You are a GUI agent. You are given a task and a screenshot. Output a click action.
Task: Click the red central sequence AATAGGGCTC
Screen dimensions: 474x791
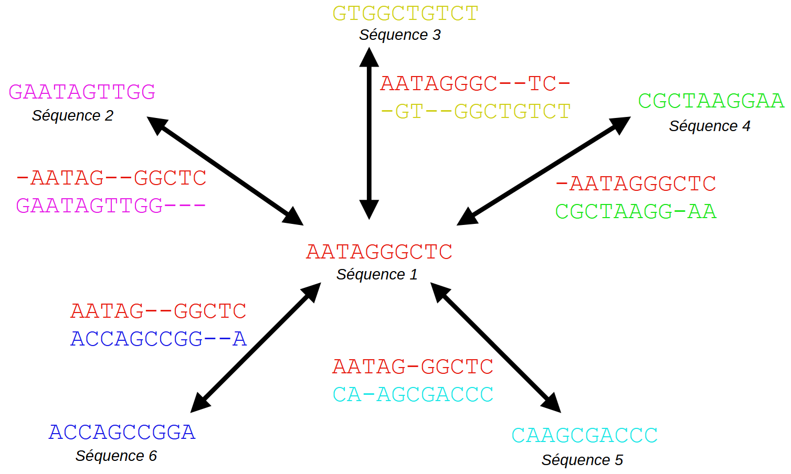(x=379, y=252)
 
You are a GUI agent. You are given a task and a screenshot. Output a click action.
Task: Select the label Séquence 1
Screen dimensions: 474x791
(x=377, y=274)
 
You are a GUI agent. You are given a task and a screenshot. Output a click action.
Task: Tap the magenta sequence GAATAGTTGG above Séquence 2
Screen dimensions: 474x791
(x=82, y=92)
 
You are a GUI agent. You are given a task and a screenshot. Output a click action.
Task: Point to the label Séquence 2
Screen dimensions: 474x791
(x=72, y=115)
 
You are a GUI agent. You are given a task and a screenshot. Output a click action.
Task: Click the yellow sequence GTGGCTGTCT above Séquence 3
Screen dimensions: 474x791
(x=405, y=14)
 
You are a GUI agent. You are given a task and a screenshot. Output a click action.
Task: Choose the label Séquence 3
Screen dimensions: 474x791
(x=399, y=35)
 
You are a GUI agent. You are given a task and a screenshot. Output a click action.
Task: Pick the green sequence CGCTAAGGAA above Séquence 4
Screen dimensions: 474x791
(x=711, y=101)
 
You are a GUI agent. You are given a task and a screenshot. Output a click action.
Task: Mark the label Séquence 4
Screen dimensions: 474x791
(x=709, y=126)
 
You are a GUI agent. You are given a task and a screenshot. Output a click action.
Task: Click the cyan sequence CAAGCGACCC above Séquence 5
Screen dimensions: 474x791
(x=584, y=435)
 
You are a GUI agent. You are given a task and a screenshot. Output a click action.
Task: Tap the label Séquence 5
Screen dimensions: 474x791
(x=582, y=460)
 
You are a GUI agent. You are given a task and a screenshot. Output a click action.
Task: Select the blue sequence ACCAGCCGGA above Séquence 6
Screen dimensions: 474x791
(x=122, y=432)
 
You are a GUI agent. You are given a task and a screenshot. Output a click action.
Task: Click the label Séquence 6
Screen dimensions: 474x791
(x=116, y=456)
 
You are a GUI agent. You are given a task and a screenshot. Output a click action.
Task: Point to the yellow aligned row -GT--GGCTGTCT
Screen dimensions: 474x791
(x=475, y=112)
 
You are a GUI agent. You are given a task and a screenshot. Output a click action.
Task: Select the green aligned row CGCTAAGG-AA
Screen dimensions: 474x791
(x=636, y=212)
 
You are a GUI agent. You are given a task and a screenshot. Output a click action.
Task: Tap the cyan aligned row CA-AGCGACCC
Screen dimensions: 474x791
(x=413, y=394)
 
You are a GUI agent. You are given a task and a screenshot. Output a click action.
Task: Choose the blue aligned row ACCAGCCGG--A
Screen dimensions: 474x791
(x=159, y=339)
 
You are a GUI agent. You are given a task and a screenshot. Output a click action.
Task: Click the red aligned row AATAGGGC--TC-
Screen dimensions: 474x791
(x=475, y=84)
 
